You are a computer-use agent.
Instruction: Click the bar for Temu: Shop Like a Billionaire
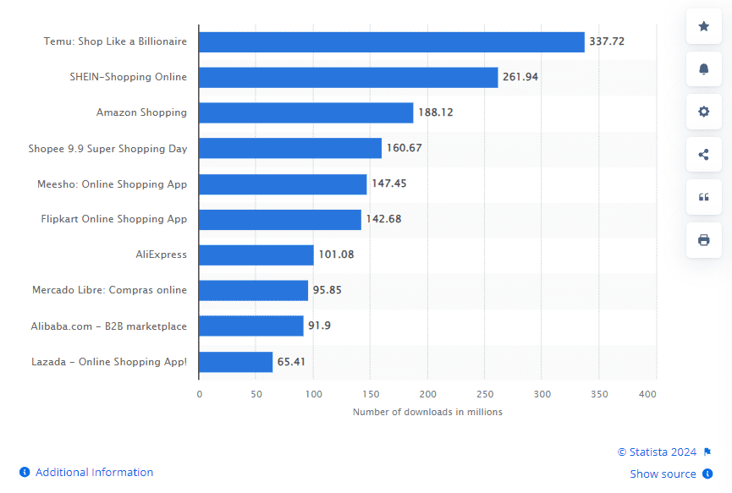point(391,41)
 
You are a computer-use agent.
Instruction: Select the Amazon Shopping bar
point(305,112)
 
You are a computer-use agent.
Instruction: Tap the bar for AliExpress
point(256,255)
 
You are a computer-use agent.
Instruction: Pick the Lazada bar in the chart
point(235,362)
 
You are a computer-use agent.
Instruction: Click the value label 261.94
point(520,77)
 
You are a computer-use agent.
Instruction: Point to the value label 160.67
point(404,148)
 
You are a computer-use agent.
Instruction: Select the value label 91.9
point(319,326)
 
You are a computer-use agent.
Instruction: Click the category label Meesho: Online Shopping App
point(112,184)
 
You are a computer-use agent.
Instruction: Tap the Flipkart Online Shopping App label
point(114,219)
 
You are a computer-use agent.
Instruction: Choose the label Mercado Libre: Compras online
point(109,290)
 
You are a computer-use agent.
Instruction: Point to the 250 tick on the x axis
point(485,394)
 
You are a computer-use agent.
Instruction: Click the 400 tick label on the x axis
point(647,394)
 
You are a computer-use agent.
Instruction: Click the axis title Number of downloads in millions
point(427,412)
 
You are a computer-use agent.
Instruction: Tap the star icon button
point(703,26)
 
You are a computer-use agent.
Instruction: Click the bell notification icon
point(703,69)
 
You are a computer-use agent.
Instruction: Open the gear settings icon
point(703,112)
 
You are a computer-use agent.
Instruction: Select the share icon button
point(703,154)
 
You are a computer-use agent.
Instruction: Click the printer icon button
point(703,240)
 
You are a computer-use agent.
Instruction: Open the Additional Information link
point(94,472)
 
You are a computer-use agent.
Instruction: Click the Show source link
point(663,474)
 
